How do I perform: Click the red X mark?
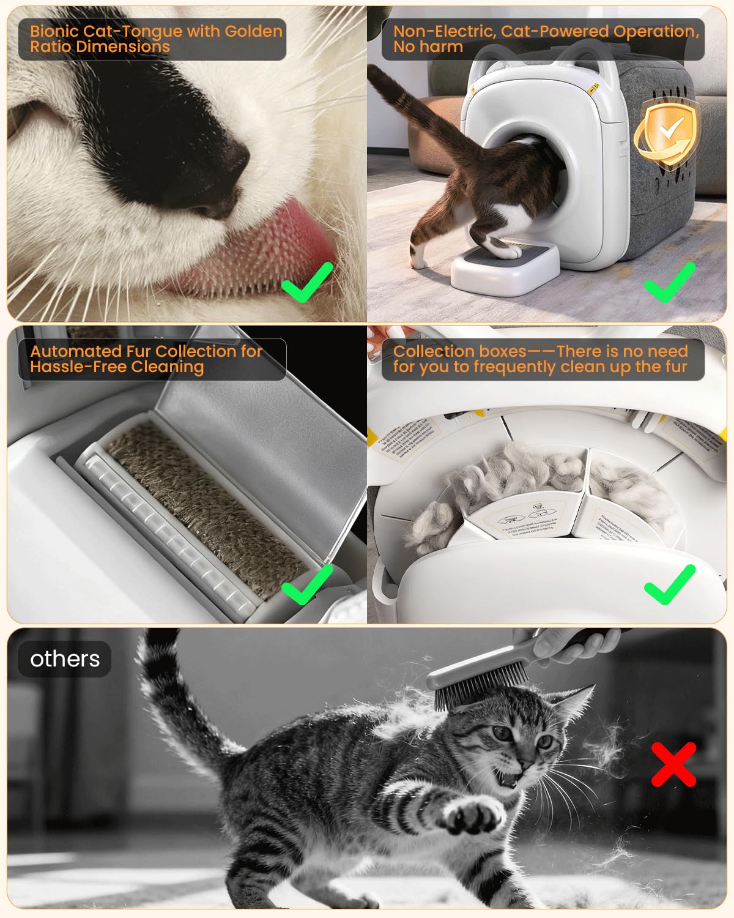click(x=673, y=764)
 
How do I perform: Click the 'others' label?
click(x=65, y=659)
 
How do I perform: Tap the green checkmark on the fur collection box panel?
click(x=670, y=584)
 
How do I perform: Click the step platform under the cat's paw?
click(x=505, y=266)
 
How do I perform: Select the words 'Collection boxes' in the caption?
click(x=459, y=351)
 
